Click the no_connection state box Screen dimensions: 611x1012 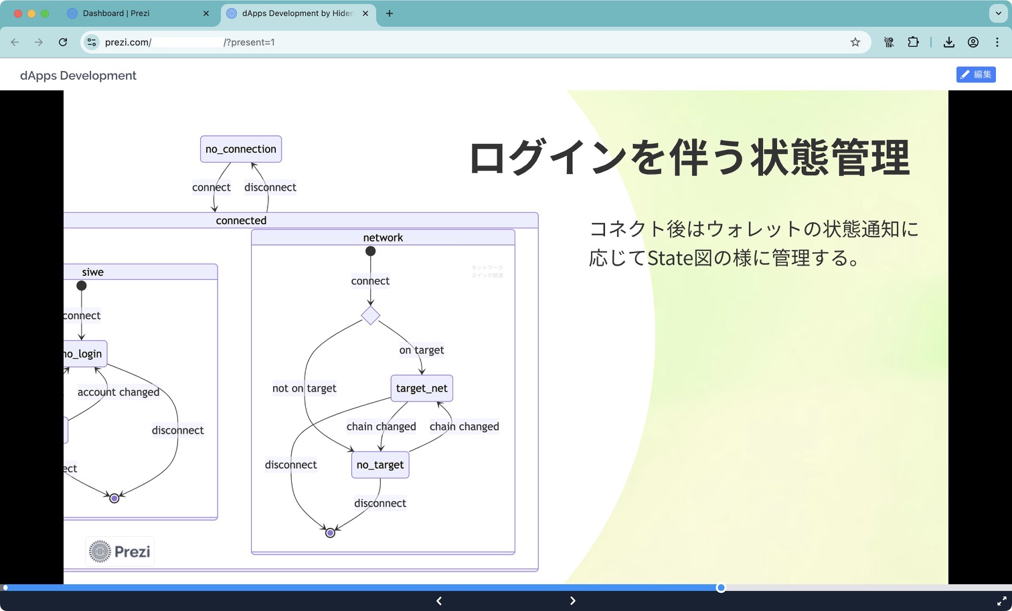241,149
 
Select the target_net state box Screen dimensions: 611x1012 422,388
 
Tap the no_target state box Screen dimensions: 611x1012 380,465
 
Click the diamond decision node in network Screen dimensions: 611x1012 370,315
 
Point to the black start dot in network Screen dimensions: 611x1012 370,252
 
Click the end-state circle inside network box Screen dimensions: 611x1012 330,533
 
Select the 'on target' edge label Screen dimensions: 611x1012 422,350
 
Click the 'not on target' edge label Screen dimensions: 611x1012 304,388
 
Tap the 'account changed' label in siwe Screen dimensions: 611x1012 118,392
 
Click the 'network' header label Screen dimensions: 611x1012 383,238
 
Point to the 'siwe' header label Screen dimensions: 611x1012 93,272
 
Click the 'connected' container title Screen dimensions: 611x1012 241,221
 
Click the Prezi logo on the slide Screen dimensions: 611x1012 120,551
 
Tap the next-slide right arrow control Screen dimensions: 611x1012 572,601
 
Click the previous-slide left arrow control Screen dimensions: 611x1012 439,601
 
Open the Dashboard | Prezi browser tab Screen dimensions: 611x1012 116,13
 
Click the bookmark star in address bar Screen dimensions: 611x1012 855,42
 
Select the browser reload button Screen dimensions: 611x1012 63,42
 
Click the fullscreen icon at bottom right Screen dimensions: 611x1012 1001,601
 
